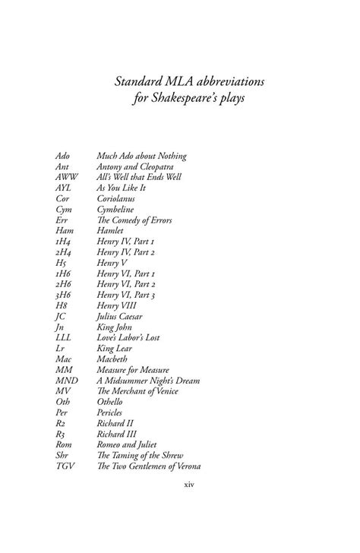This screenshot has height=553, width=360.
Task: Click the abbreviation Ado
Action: pyautogui.click(x=63, y=156)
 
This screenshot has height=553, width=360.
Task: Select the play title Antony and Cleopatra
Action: pyautogui.click(x=140, y=166)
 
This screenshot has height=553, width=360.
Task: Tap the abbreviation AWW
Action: pyautogui.click(x=67, y=177)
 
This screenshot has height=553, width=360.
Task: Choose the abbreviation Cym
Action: pyautogui.click(x=65, y=210)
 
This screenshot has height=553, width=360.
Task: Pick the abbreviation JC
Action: pyautogui.click(x=62, y=316)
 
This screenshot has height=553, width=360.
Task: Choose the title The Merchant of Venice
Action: pyautogui.click(x=146, y=391)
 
